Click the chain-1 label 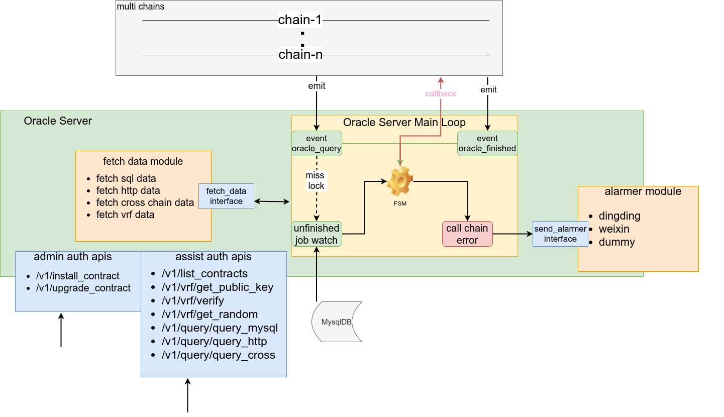[300, 21]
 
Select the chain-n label [300, 54]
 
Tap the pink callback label [441, 93]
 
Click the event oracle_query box [317, 143]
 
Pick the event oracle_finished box [487, 143]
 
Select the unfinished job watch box [317, 234]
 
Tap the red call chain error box [467, 234]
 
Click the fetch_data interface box [226, 196]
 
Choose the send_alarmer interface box [560, 234]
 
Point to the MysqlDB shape [337, 322]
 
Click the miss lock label [316, 181]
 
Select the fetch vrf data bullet [125, 215]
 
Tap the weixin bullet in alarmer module [614, 229]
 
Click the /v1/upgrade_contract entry [83, 288]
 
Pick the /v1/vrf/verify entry [192, 301]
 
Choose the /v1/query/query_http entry [214, 342]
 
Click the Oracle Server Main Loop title [404, 122]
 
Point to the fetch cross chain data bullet [145, 202]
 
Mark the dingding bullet [619, 216]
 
